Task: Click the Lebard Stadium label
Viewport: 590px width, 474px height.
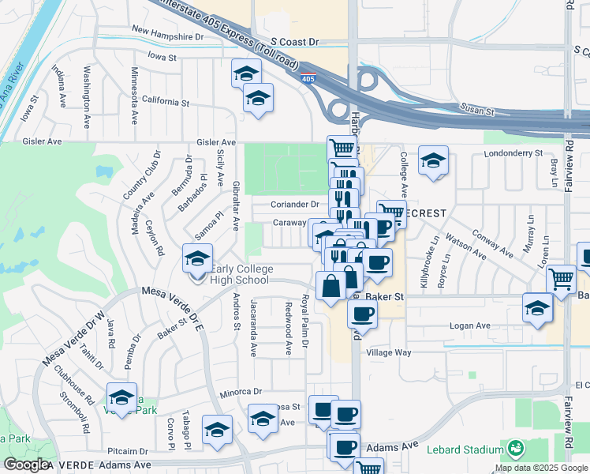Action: [465, 450]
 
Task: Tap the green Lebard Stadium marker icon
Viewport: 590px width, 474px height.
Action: [516, 449]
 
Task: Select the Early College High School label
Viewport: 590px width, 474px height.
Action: [241, 274]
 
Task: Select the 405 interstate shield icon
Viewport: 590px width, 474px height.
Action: [308, 78]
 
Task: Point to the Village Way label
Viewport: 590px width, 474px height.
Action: [389, 353]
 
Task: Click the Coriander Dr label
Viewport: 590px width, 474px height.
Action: [295, 204]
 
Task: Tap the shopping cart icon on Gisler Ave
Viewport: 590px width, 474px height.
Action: [342, 148]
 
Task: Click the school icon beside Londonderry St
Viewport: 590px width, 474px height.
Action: [433, 160]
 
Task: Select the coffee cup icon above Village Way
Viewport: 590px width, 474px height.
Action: [362, 314]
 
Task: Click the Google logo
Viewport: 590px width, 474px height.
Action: [26, 465]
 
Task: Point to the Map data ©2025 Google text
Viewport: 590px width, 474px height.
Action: [541, 468]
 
